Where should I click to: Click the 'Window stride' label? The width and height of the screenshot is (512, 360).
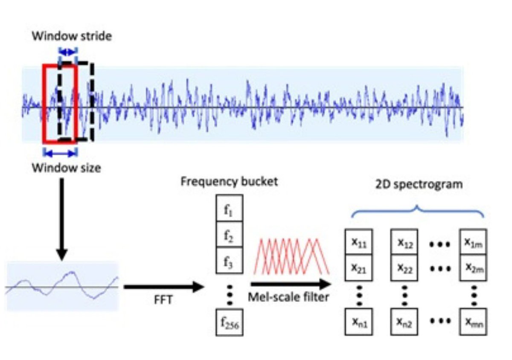click(x=71, y=36)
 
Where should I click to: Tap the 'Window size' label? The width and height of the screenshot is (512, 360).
click(x=66, y=168)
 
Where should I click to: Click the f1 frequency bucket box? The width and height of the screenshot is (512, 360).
click(x=229, y=209)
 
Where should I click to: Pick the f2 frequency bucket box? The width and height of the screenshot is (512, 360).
click(x=229, y=234)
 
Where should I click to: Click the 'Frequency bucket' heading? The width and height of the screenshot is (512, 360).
click(x=229, y=182)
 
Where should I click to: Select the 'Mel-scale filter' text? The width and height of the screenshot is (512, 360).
click(x=289, y=297)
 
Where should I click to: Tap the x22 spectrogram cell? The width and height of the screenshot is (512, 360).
click(x=405, y=267)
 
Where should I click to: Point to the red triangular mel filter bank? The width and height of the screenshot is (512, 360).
click(x=292, y=255)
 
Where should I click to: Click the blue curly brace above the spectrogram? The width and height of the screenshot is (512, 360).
click(x=417, y=210)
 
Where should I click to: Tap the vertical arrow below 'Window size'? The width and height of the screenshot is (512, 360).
click(x=62, y=218)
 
